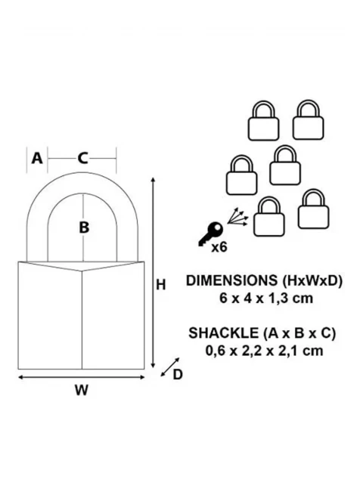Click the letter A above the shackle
pyautogui.click(x=37, y=158)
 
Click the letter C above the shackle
pyautogui.click(x=82, y=158)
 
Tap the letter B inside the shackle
pyautogui.click(x=84, y=227)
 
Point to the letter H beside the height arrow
pyautogui.click(x=161, y=285)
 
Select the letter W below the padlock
pyautogui.click(x=82, y=391)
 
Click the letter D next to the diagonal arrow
pyautogui.click(x=178, y=375)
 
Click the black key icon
pyautogui.click(x=210, y=233)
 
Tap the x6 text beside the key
pyautogui.click(x=219, y=247)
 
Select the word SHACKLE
pyautogui.click(x=223, y=333)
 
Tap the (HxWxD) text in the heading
pyautogui.click(x=312, y=280)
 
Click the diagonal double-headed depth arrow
pyautogui.click(x=170, y=367)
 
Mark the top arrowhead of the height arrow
pyautogui.click(x=154, y=180)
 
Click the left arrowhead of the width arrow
pyautogui.click(x=21, y=377)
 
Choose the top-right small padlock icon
pyautogui.click(x=308, y=119)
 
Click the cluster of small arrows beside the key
pyautogui.click(x=237, y=217)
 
